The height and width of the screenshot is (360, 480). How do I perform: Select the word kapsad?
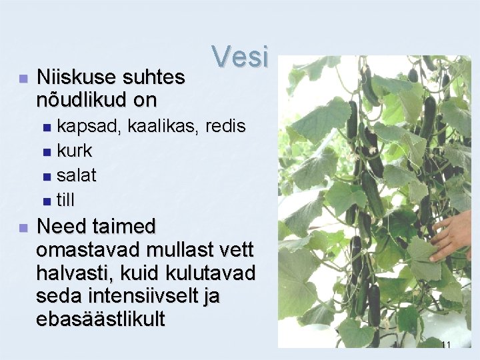(79, 125)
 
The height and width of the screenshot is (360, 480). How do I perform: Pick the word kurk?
(74, 151)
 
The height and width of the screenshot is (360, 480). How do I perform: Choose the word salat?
(76, 175)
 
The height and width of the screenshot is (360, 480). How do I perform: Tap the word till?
(65, 199)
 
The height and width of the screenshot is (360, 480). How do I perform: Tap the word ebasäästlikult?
(101, 319)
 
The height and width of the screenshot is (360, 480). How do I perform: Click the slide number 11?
(446, 345)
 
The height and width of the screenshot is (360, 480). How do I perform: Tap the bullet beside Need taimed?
(23, 228)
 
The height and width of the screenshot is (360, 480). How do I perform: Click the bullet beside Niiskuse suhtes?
(23, 79)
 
